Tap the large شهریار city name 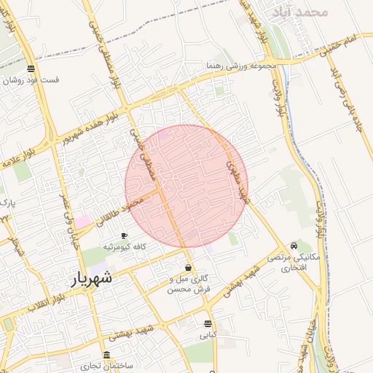coord(93,278)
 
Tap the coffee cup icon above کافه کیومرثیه coord(124,236)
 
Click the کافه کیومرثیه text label coord(124,247)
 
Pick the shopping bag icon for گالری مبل coord(189,267)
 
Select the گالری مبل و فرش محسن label coord(189,284)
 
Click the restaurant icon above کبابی coord(208,323)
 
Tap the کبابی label coord(208,336)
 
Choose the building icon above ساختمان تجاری coord(107,355)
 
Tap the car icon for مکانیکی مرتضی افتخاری coord(293,246)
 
